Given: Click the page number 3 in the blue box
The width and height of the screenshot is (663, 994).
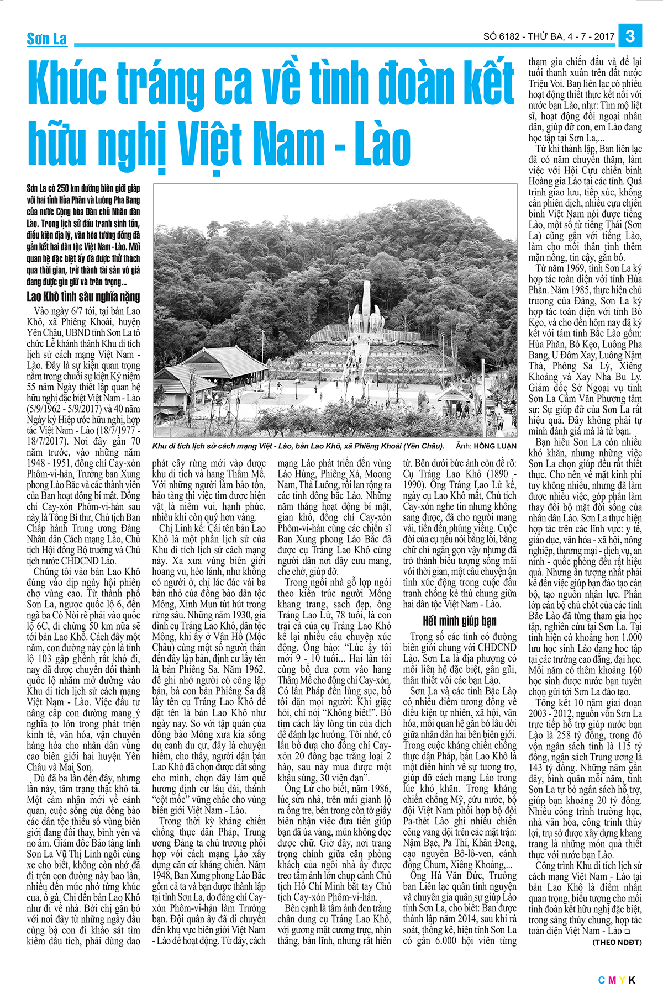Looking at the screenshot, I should point(630,36).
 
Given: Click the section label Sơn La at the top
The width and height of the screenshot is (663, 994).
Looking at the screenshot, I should point(47,39).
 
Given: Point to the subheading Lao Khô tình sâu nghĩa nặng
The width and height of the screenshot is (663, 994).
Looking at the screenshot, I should point(83,297).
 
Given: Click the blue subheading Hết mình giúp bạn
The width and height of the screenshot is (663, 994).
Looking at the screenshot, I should point(460,620).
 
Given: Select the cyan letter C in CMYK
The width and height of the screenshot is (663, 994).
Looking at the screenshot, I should point(602,980).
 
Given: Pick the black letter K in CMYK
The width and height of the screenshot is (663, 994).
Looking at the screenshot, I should point(632,980).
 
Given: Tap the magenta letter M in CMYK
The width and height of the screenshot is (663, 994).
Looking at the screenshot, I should point(612,980).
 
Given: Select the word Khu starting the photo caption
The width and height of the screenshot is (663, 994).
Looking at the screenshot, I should point(159,446).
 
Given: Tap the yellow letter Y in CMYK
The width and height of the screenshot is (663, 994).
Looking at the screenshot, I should point(622,980).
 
